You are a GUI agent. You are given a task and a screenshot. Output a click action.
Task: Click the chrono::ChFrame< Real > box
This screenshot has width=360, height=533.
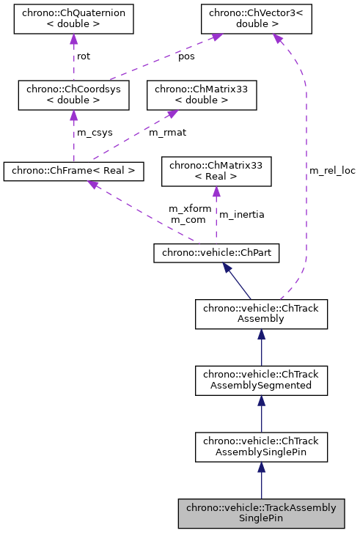(73, 172)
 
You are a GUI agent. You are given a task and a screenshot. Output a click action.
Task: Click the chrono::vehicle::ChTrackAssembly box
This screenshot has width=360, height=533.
(261, 313)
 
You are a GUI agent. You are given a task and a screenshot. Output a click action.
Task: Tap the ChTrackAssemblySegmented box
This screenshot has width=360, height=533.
(261, 379)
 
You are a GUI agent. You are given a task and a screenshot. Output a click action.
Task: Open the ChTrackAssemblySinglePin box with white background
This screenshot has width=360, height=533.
(261, 446)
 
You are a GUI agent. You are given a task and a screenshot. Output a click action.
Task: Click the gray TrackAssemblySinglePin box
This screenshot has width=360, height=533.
(261, 512)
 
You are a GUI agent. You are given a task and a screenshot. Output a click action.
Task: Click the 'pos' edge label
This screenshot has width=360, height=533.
(187, 56)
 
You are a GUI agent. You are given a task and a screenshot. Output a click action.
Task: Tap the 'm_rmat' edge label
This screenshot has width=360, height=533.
(166, 133)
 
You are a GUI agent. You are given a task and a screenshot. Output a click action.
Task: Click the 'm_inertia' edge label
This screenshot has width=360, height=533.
(242, 214)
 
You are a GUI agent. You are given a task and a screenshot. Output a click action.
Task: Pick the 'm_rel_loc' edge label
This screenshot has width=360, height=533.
(332, 171)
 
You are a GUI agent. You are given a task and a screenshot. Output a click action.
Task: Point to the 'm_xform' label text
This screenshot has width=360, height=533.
(190, 208)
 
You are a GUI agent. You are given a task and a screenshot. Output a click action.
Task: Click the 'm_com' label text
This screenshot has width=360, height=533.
(187, 219)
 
